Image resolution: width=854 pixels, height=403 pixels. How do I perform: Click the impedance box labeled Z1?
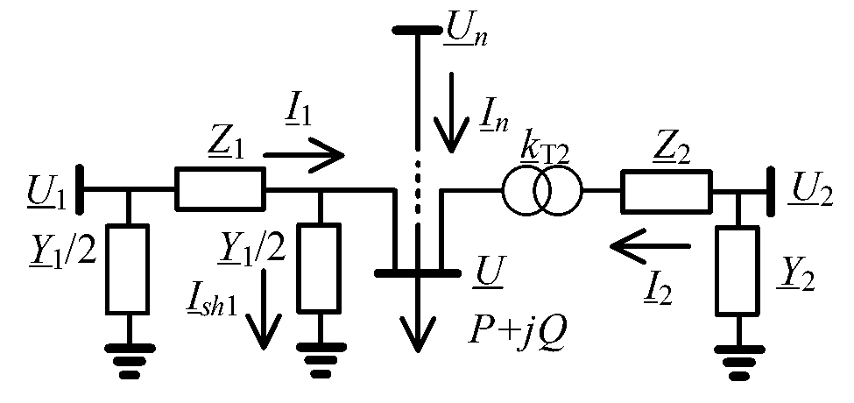click(x=220, y=189)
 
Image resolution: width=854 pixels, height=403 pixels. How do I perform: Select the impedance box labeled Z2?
click(x=666, y=191)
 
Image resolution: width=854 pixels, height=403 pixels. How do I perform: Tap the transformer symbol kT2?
click(x=541, y=191)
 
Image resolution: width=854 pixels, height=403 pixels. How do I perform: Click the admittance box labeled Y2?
click(x=738, y=271)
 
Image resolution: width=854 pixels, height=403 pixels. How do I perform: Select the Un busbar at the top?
click(x=416, y=30)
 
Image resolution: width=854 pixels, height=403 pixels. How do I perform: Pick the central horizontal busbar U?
click(x=416, y=274)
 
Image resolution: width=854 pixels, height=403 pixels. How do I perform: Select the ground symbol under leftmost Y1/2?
click(x=129, y=360)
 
